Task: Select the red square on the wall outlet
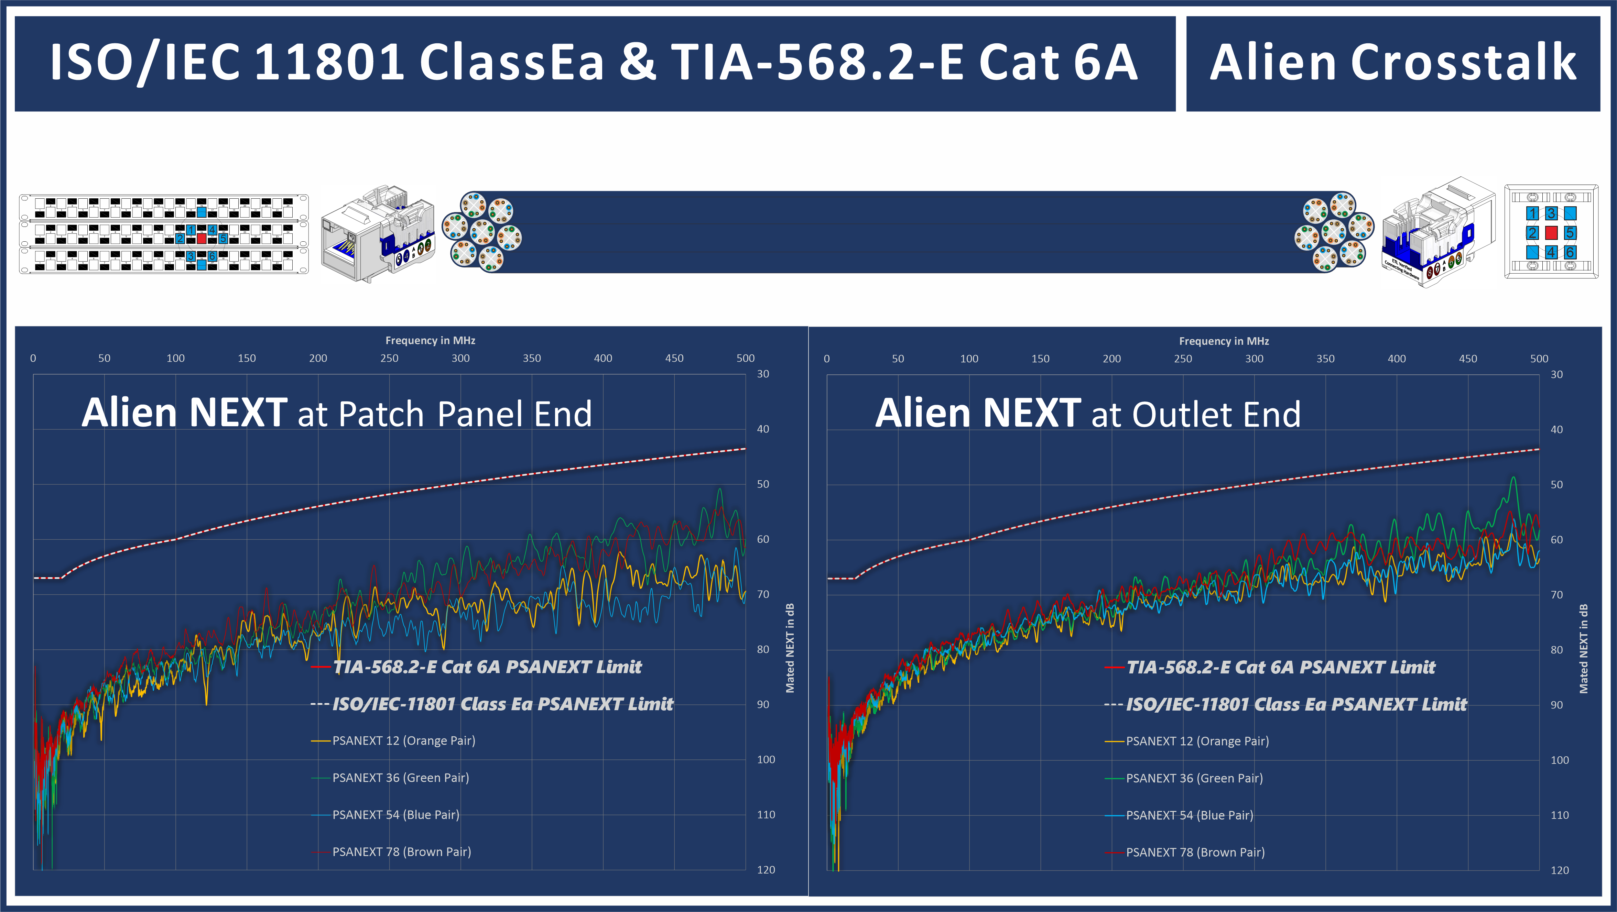(x=1551, y=233)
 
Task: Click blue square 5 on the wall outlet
(x=1570, y=233)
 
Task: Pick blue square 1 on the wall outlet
(x=1532, y=213)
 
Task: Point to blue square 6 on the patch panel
(x=212, y=256)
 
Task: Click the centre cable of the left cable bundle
(x=482, y=232)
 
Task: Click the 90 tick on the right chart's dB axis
(x=1557, y=705)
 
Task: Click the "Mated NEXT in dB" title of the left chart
(x=790, y=648)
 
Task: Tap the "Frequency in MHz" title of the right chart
(x=1224, y=341)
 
